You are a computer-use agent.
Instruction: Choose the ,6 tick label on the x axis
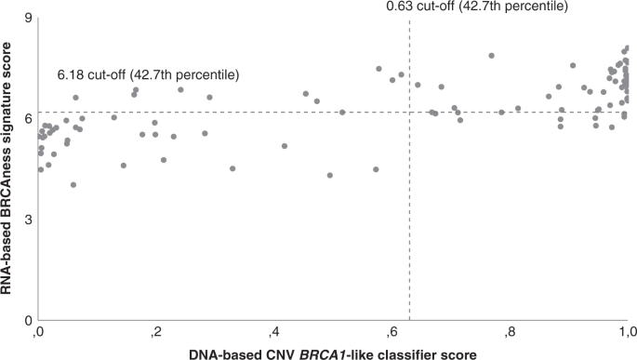[391, 332]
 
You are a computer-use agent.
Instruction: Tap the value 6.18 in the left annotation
[71, 74]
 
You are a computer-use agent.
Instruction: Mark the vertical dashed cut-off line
[409, 233]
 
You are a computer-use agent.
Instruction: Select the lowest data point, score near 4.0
[73, 185]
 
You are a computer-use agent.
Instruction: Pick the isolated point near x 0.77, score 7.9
[492, 56]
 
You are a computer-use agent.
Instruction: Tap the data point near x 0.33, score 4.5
[232, 168]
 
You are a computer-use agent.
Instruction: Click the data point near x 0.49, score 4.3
[330, 175]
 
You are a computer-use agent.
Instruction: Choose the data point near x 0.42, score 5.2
[285, 146]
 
